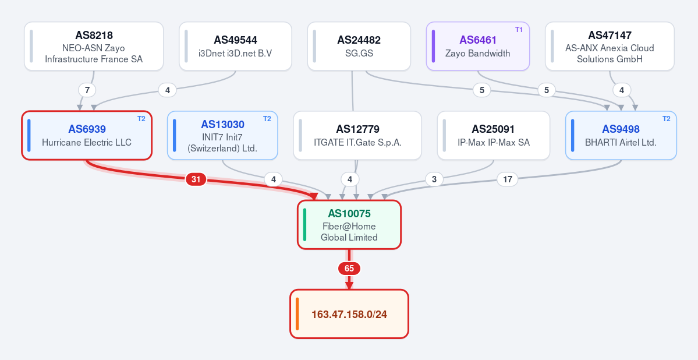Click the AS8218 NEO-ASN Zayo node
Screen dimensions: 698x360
pyautogui.click(x=94, y=47)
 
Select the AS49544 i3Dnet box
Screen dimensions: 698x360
pyautogui.click(x=236, y=47)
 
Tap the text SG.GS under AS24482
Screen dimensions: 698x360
pyautogui.click(x=359, y=54)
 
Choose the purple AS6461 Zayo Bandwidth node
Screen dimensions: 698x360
pyautogui.click(x=478, y=47)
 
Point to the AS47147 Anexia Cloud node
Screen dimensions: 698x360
pyautogui.click(x=610, y=47)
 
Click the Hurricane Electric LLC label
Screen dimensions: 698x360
pyautogui.click(x=87, y=143)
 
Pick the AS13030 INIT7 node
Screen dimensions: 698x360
pyautogui.click(x=222, y=136)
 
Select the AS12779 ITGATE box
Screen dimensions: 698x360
pyautogui.click(x=357, y=136)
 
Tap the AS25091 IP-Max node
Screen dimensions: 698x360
pyautogui.click(x=493, y=136)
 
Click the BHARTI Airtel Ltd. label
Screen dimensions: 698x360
pyautogui.click(x=621, y=143)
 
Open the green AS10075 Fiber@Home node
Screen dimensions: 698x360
pyautogui.click(x=349, y=224)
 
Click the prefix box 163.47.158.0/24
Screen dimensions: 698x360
pyautogui.click(x=349, y=313)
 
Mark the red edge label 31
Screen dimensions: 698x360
pyautogui.click(x=196, y=179)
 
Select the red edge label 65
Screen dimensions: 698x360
pyautogui.click(x=349, y=269)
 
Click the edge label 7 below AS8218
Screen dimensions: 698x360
pyautogui.click(x=87, y=90)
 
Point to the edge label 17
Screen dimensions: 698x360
pyautogui.click(x=508, y=179)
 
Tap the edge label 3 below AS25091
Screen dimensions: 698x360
pyautogui.click(x=434, y=179)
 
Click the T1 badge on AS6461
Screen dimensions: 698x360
pyautogui.click(x=519, y=29)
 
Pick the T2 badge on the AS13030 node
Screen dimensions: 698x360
pyautogui.click(x=267, y=118)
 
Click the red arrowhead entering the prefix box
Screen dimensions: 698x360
pyautogui.click(x=349, y=285)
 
